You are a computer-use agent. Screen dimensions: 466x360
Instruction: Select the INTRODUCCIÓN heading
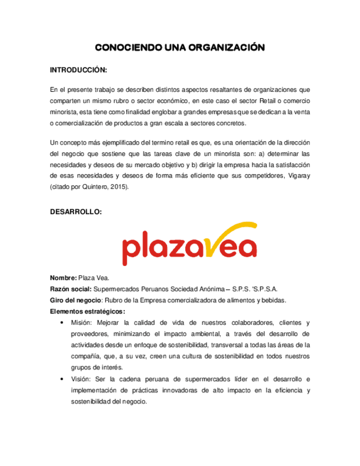tap(78, 70)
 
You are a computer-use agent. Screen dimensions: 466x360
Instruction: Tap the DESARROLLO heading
tap(75, 212)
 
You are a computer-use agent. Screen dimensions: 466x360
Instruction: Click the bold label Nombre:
tap(64, 278)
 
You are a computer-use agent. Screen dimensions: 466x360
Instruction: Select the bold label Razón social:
tap(71, 289)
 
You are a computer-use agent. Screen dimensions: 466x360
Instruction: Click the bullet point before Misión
tap(67, 323)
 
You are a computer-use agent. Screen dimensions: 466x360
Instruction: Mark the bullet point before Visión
tap(67, 379)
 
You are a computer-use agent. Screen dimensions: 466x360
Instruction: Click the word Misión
tap(84, 323)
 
